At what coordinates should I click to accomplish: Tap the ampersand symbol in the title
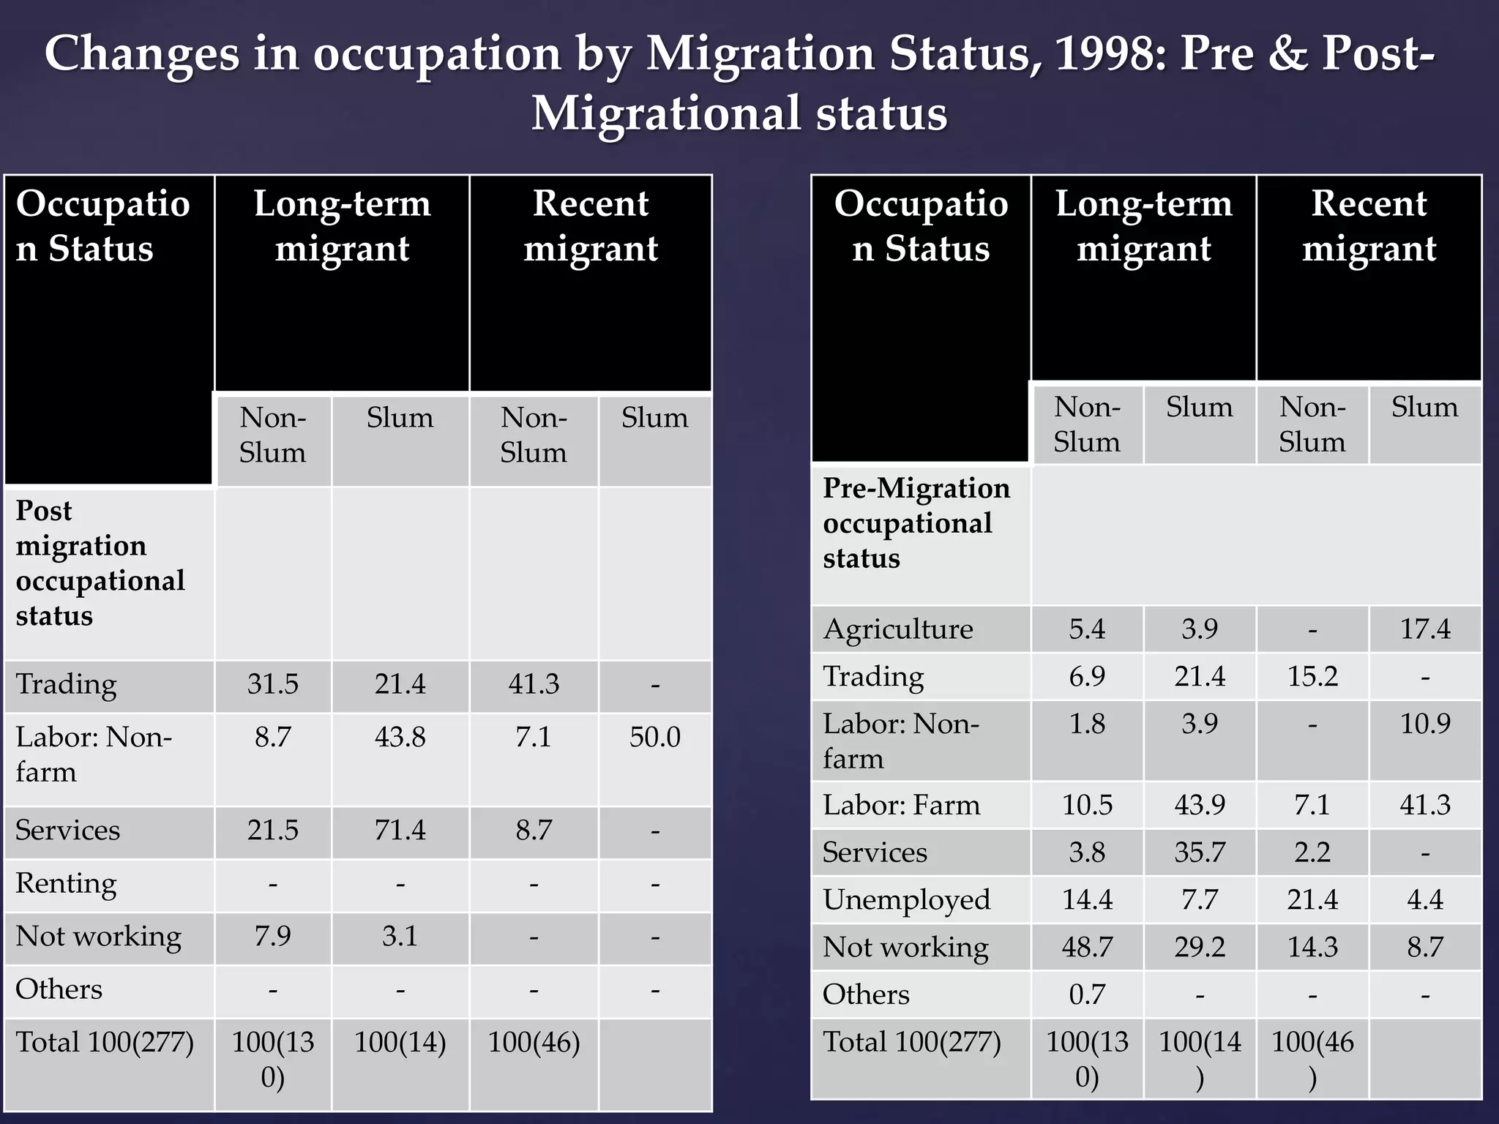point(1290,55)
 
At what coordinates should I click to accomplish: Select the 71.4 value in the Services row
point(400,831)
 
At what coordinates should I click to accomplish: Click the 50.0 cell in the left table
point(654,737)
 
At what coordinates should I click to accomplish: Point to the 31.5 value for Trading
point(272,684)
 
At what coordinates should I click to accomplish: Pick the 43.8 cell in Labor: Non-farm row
point(400,737)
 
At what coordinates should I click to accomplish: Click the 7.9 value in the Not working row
point(272,936)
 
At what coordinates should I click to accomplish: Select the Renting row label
point(66,883)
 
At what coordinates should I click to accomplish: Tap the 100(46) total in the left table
point(534,1042)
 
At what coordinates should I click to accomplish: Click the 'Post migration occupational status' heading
point(100,563)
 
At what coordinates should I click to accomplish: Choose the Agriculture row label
point(897,629)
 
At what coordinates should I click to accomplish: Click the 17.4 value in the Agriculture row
point(1424,629)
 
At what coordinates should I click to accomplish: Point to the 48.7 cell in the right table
point(1087,947)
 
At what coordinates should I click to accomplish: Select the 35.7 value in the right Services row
point(1199,853)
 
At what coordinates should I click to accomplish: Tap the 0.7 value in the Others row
point(1087,994)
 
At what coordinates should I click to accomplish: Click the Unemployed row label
point(906,900)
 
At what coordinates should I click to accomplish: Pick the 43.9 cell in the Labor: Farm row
point(1199,805)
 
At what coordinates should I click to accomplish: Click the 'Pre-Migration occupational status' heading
point(916,523)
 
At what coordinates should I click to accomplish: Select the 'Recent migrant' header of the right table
point(1368,225)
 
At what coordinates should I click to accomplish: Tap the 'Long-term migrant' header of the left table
point(342,225)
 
